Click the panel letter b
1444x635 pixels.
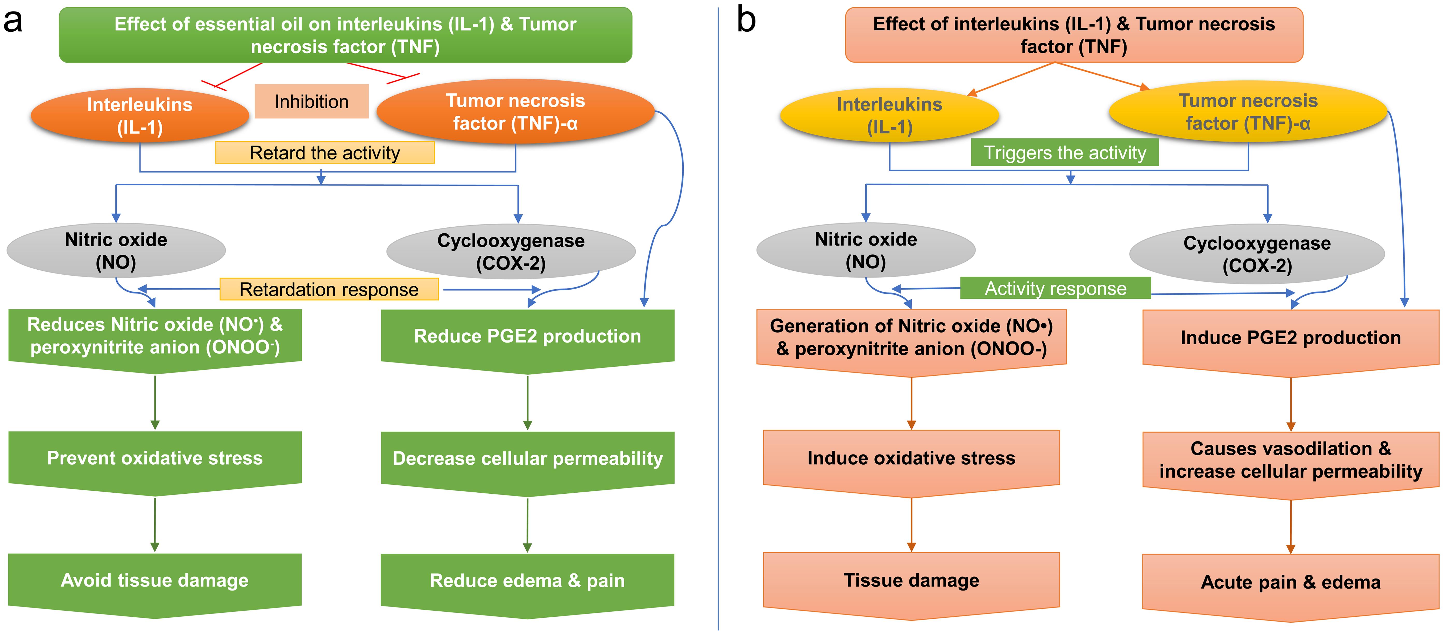coord(746,21)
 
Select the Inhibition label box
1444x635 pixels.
coord(312,102)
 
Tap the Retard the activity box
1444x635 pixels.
coord(324,152)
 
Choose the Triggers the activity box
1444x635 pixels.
coord(1065,152)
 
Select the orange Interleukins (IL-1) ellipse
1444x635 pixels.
coord(140,116)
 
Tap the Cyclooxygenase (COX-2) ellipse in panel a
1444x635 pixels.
coord(511,252)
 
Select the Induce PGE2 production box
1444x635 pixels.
coord(1290,338)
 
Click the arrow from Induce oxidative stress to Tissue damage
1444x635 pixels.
coord(911,525)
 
